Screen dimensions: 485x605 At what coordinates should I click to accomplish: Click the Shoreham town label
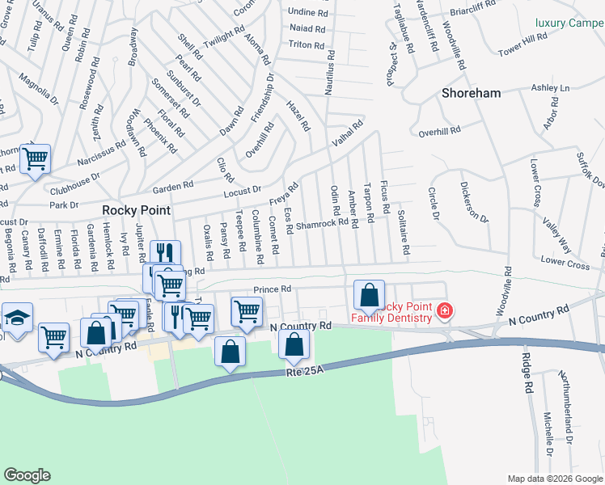[x=471, y=93]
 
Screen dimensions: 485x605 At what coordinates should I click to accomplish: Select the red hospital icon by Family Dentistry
[x=444, y=310]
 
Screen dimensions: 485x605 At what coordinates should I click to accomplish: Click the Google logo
[x=27, y=474]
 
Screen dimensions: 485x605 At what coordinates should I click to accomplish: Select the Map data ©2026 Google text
[x=555, y=478]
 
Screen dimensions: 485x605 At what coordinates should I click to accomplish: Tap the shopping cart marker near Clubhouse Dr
[x=35, y=158]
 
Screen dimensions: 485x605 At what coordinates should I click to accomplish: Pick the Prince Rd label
[x=272, y=289]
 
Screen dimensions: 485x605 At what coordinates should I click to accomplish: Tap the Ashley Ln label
[x=550, y=87]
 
